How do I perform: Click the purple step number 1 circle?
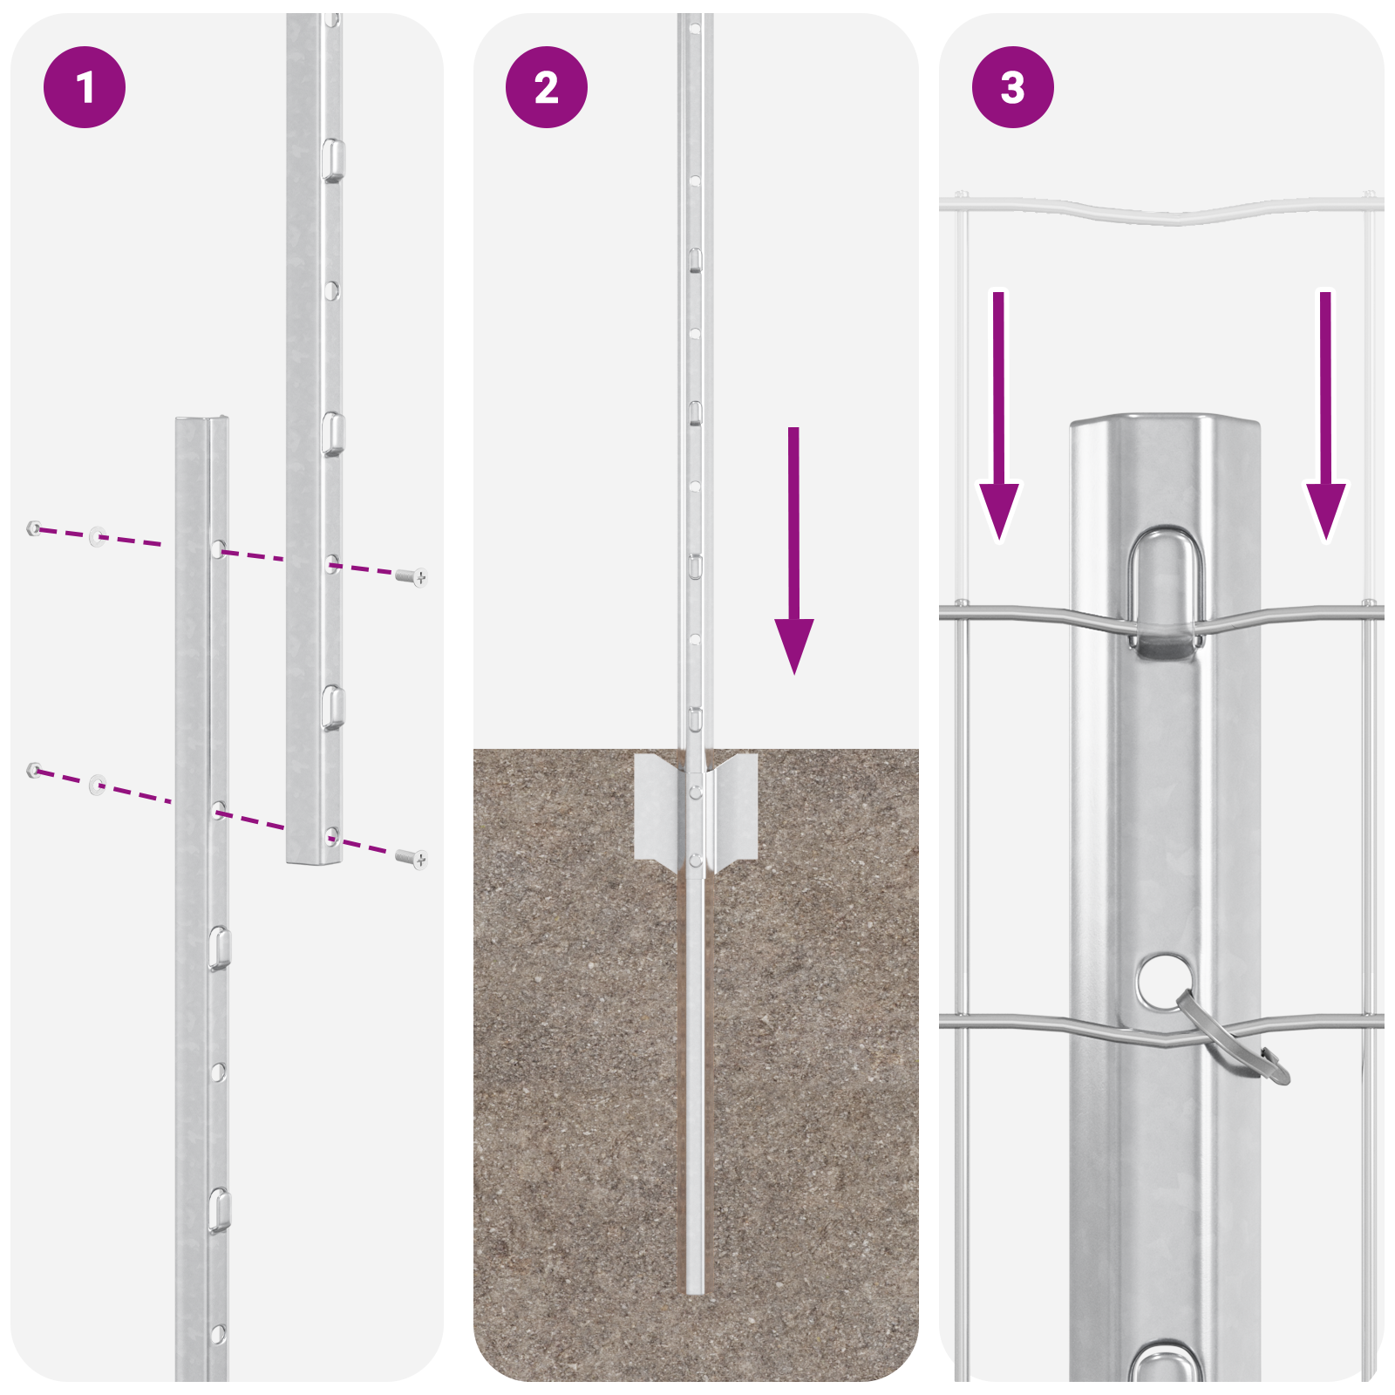tap(85, 87)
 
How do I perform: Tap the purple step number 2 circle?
tap(547, 87)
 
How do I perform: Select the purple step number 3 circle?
tap(1012, 87)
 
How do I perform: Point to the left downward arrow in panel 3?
tap(998, 418)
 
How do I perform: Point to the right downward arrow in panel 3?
tap(1325, 418)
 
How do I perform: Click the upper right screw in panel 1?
tap(411, 575)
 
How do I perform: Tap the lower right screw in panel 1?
tap(411, 859)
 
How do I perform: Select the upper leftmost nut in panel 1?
tap(34, 527)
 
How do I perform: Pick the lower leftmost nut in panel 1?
tap(34, 769)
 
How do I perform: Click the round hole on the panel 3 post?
tap(1163, 980)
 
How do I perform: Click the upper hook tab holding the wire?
tap(1166, 593)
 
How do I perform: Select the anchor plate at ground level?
tap(695, 806)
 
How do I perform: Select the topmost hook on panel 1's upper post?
tap(332, 160)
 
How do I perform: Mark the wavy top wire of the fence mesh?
tap(1160, 212)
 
